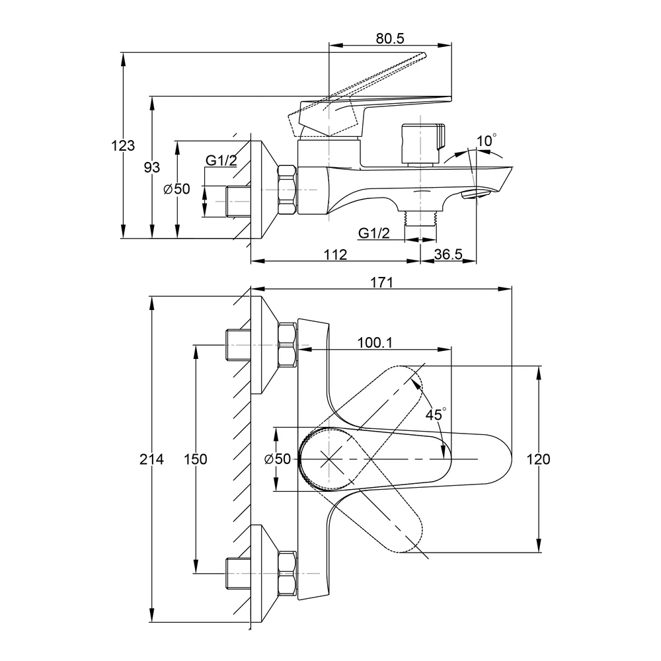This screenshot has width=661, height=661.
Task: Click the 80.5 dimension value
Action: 390,38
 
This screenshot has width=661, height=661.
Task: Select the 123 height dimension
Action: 123,145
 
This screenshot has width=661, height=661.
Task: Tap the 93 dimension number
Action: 152,167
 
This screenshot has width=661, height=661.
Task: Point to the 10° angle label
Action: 486,140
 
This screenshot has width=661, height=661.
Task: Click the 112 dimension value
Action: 336,254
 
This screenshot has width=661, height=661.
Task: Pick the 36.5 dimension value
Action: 448,254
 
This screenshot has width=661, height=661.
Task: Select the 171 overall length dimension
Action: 381,282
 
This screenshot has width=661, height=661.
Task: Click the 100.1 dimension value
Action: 375,342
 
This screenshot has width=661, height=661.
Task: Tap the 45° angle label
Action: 436,414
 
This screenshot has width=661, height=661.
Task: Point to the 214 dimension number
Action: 152,459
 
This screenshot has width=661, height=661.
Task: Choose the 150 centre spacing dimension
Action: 196,459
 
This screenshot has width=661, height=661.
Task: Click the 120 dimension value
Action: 538,459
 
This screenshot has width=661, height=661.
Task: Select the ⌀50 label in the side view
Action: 177,189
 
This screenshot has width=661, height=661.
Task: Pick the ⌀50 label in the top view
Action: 278,459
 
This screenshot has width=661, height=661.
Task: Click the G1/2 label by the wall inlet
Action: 221,161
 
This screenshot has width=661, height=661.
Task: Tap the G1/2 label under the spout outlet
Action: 374,233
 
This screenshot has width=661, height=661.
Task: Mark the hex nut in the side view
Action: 287,190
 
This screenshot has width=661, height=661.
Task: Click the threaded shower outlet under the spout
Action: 420,218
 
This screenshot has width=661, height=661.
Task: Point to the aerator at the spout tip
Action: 477,194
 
